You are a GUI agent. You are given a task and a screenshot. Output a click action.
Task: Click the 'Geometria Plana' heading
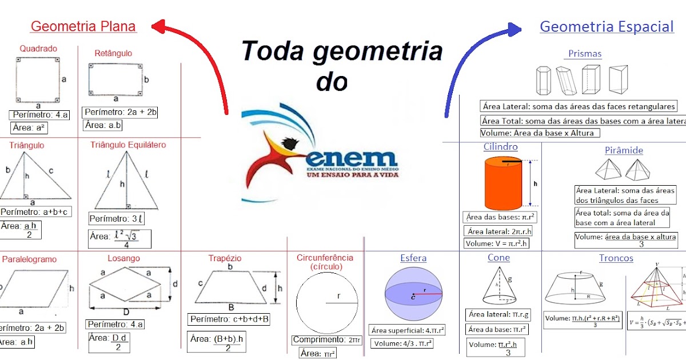pos(83,26)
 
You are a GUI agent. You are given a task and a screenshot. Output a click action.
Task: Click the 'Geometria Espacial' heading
pos(607,26)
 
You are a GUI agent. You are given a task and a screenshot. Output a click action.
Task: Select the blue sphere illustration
pos(413,293)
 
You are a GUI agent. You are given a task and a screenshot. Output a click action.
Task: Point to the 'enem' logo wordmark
pos(351,158)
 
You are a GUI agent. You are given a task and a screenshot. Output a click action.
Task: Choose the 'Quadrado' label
pos(38,49)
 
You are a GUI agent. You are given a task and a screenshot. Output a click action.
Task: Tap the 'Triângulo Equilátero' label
pos(128,145)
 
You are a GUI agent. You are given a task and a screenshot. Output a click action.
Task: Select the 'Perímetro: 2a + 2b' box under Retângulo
pos(121,111)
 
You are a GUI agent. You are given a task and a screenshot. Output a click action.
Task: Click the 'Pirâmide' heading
pos(624,150)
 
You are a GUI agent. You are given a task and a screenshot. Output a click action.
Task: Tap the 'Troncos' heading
pos(616,258)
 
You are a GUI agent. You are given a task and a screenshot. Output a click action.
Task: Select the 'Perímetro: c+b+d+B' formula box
pos(229,319)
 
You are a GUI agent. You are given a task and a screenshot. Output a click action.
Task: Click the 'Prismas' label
pos(584,54)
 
